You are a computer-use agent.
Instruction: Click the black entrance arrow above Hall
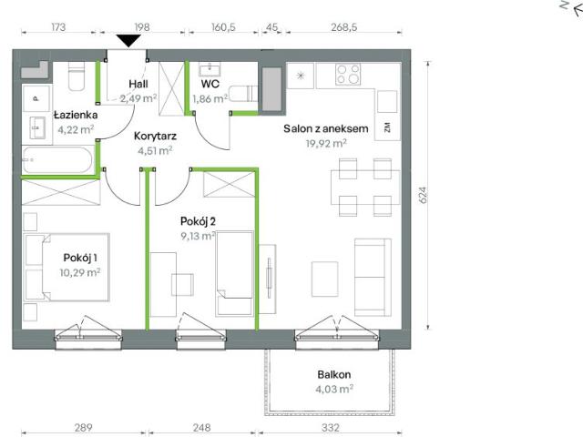(x=129, y=40)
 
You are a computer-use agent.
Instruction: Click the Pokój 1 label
(x=81, y=258)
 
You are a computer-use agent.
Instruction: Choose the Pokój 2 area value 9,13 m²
(x=196, y=234)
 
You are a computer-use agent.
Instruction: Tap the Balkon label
(x=334, y=375)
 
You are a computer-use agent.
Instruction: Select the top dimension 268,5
(x=343, y=26)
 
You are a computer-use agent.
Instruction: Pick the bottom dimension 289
(x=83, y=426)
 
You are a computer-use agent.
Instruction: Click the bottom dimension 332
(x=330, y=426)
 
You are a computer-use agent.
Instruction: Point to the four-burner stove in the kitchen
(x=347, y=72)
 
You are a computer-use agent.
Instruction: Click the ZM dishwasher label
(x=387, y=127)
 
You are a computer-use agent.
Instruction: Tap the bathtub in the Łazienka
(x=57, y=162)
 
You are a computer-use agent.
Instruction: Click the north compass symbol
(x=567, y=8)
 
